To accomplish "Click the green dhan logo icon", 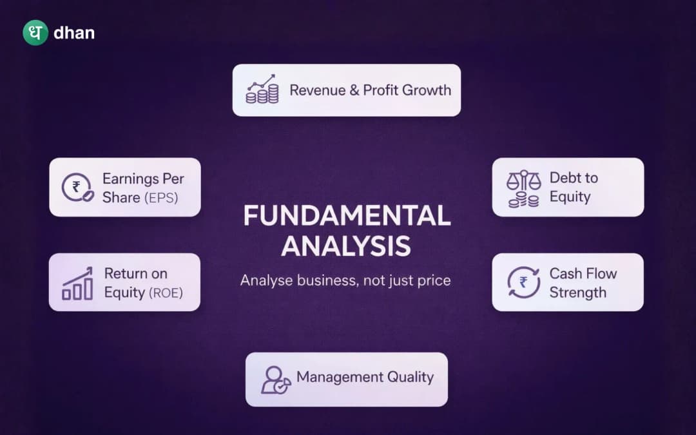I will tap(35, 33).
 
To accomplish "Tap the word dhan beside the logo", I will tap(74, 33).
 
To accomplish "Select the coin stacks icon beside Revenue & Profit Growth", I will tap(262, 90).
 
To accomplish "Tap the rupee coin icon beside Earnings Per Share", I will tap(76, 188).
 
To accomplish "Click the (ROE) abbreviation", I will tap(166, 293).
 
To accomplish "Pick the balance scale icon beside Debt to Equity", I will tap(523, 188).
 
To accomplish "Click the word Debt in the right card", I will tap(564, 178).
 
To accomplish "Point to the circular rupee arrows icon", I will tap(523, 282).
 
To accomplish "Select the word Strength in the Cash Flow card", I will tap(577, 293).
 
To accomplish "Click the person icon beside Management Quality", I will tap(275, 379).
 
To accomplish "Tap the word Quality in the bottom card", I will tap(410, 377).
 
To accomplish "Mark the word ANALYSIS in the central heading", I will tap(347, 247).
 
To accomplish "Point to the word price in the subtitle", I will tap(432, 280).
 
